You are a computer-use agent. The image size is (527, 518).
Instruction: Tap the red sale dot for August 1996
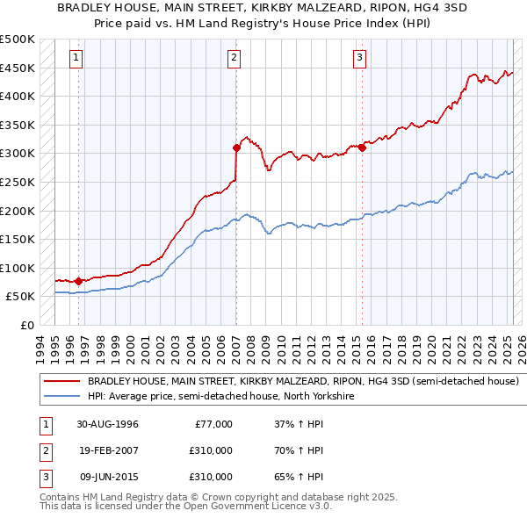(79, 281)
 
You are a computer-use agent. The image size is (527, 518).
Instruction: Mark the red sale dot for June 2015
(362, 147)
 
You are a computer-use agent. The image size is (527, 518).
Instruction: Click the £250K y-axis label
(18, 182)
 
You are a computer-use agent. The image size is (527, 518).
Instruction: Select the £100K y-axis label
(18, 268)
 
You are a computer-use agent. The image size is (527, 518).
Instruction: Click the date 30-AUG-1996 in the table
(107, 424)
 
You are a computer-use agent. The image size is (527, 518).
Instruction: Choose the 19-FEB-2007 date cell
(107, 450)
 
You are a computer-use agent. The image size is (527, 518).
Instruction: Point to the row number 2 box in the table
(44, 450)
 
